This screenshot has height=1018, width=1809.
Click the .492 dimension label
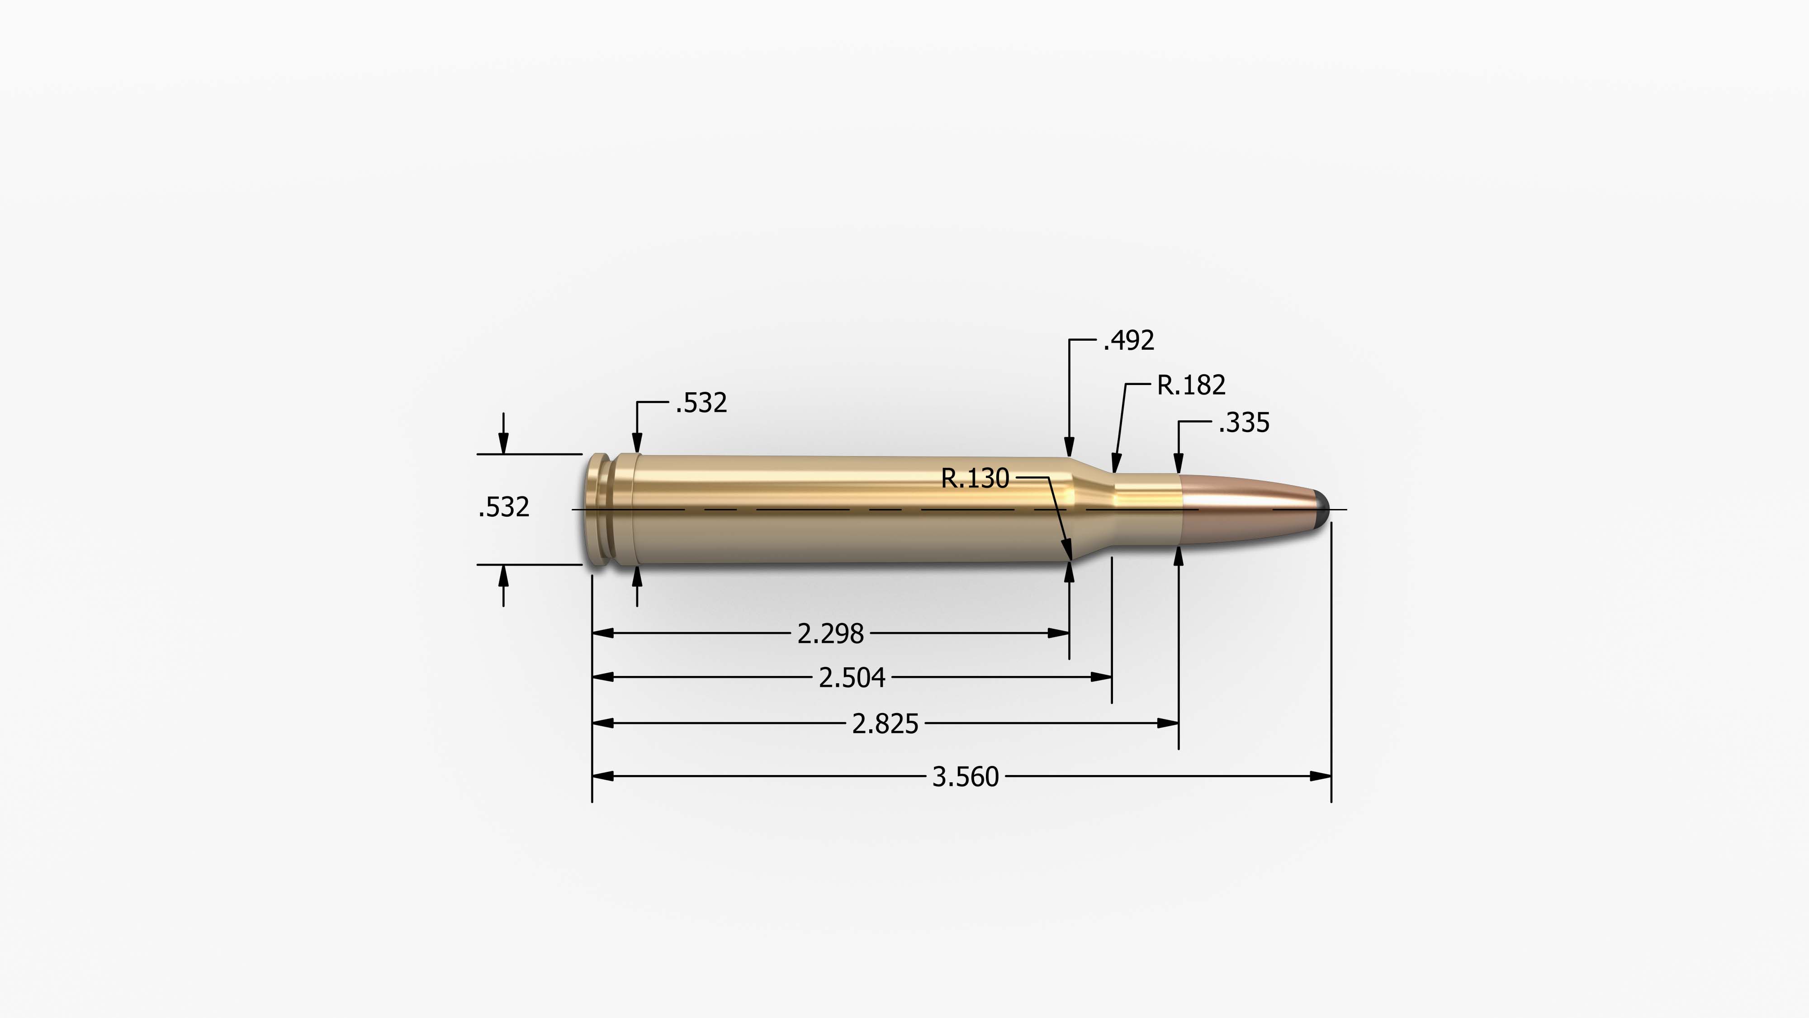(x=1128, y=341)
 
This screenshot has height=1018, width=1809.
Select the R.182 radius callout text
(x=1191, y=385)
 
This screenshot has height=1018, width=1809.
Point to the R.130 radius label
(x=975, y=478)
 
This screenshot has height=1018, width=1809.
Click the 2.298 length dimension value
(x=830, y=634)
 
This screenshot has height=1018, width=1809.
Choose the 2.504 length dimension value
(x=852, y=678)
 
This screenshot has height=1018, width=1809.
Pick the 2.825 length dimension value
(x=885, y=723)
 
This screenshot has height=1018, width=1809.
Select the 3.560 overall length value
(x=965, y=777)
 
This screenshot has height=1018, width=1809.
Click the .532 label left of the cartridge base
(x=503, y=507)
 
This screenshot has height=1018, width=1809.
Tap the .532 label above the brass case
(x=701, y=403)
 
